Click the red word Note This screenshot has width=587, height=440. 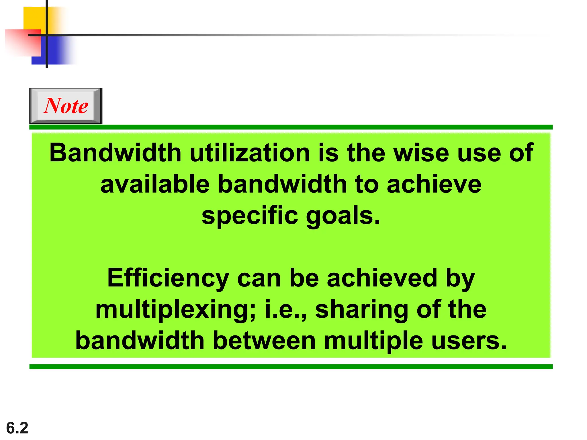(x=66, y=106)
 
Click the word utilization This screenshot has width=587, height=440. (x=250, y=153)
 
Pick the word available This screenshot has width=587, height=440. (x=155, y=184)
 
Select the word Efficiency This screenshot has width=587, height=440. (x=168, y=278)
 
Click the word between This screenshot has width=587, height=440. (x=264, y=341)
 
